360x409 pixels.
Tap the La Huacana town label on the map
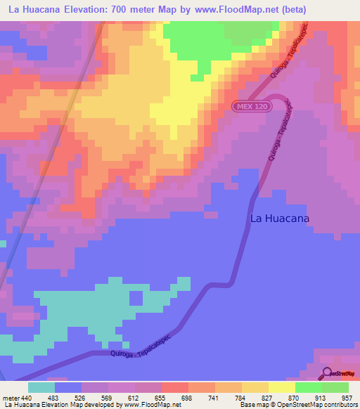[280, 218]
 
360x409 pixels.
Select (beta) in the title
[292, 11]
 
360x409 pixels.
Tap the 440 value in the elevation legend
[27, 398]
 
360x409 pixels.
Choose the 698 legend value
[188, 398]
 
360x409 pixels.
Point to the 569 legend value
[108, 398]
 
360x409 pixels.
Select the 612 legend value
[134, 398]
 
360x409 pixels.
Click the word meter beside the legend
[12, 398]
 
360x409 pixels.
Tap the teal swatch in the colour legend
[41, 387]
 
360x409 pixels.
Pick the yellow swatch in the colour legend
[281, 387]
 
